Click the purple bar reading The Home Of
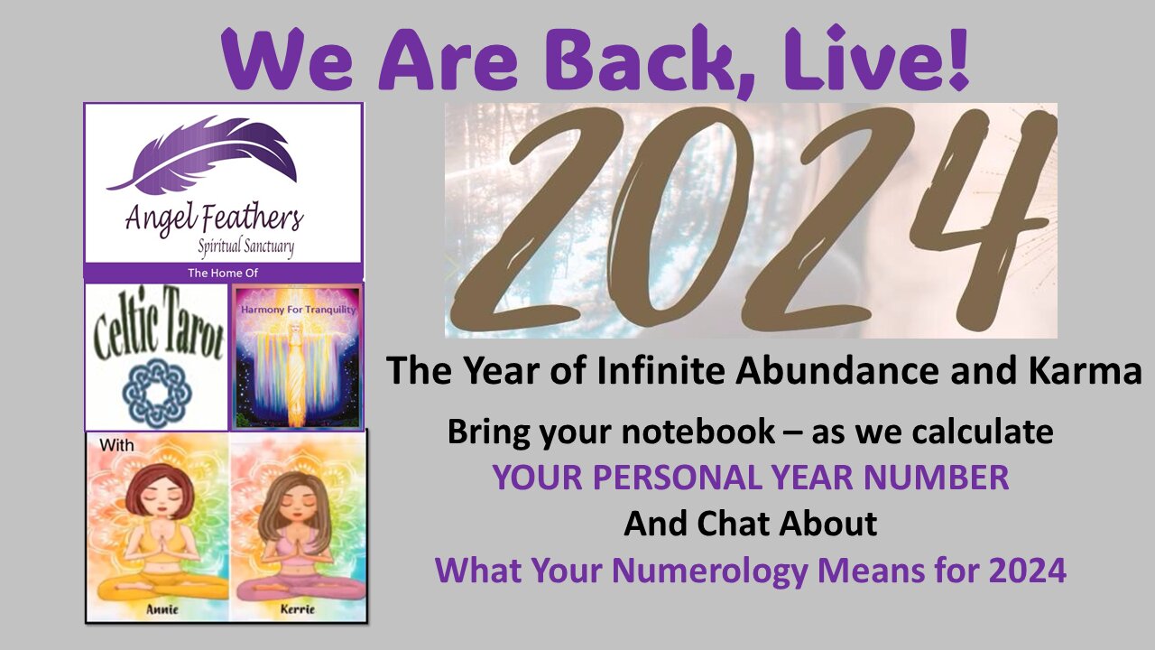(x=223, y=272)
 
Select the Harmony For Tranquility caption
(x=298, y=310)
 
